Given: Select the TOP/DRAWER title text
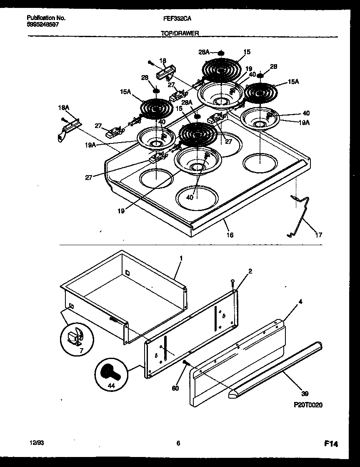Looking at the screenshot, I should pyautogui.click(x=180, y=33).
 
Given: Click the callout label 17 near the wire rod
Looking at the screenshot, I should pyautogui.click(x=318, y=235).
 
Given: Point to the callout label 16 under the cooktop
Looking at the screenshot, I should pyautogui.click(x=230, y=235).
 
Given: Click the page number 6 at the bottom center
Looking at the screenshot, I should pyautogui.click(x=178, y=444).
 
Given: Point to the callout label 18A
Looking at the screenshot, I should pyautogui.click(x=64, y=108).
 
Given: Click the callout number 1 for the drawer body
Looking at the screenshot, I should pyautogui.click(x=180, y=259).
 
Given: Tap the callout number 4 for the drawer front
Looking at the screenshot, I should pyautogui.click(x=300, y=300).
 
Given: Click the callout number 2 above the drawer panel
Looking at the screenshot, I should pyautogui.click(x=250, y=271).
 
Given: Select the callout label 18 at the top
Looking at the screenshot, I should pyautogui.click(x=162, y=60).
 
